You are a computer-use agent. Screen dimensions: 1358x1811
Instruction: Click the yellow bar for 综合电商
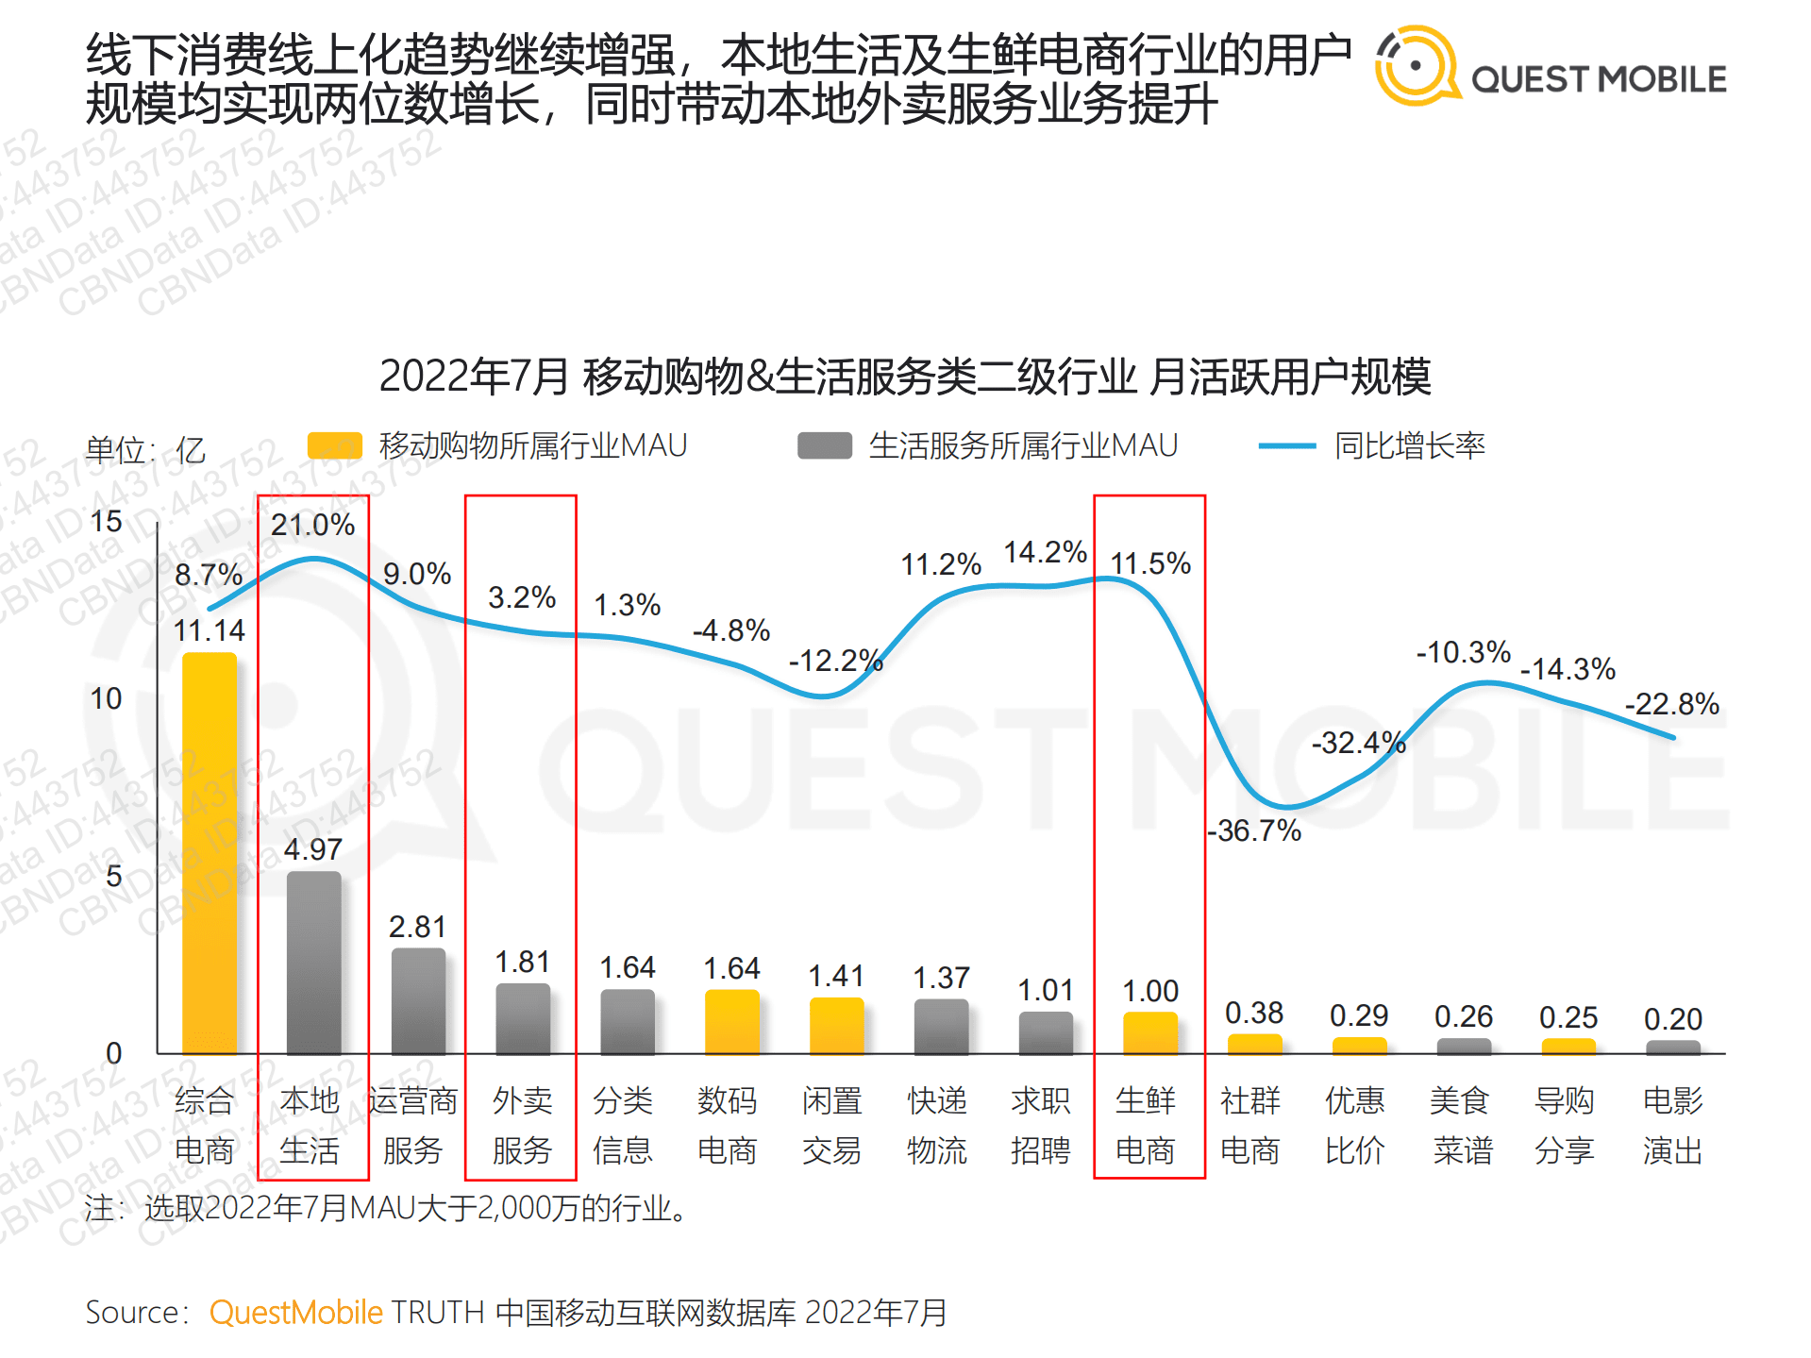(x=209, y=853)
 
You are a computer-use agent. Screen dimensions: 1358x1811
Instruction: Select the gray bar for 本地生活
(x=313, y=963)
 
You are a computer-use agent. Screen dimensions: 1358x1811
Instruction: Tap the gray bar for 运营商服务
(x=418, y=1000)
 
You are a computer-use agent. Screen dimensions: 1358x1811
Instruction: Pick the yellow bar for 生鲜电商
(x=1150, y=1033)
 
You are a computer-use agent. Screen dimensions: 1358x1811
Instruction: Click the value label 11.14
(x=209, y=630)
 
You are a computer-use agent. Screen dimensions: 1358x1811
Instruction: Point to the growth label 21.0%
(x=312, y=525)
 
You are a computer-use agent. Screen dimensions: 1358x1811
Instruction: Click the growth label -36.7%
(x=1254, y=830)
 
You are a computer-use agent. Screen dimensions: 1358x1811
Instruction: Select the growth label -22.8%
(x=1671, y=704)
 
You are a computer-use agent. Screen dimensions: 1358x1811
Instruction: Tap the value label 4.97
(x=312, y=849)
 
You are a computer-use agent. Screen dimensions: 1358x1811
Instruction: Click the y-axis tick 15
(x=106, y=521)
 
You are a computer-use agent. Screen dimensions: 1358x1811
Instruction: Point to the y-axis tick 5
(x=113, y=876)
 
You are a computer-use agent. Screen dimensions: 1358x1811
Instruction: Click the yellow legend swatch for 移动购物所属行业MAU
(x=335, y=445)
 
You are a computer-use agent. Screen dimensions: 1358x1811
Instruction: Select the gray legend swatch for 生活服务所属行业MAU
(x=824, y=445)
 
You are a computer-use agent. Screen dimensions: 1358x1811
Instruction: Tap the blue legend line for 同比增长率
(x=1286, y=445)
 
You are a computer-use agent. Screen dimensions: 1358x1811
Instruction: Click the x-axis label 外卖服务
(x=522, y=1125)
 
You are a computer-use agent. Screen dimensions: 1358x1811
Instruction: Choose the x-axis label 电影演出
(x=1671, y=1125)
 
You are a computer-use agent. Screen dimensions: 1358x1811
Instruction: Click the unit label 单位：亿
(x=144, y=449)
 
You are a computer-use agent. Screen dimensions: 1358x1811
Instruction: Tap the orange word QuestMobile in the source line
(x=295, y=1313)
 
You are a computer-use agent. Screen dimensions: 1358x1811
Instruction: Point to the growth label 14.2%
(x=1045, y=552)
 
